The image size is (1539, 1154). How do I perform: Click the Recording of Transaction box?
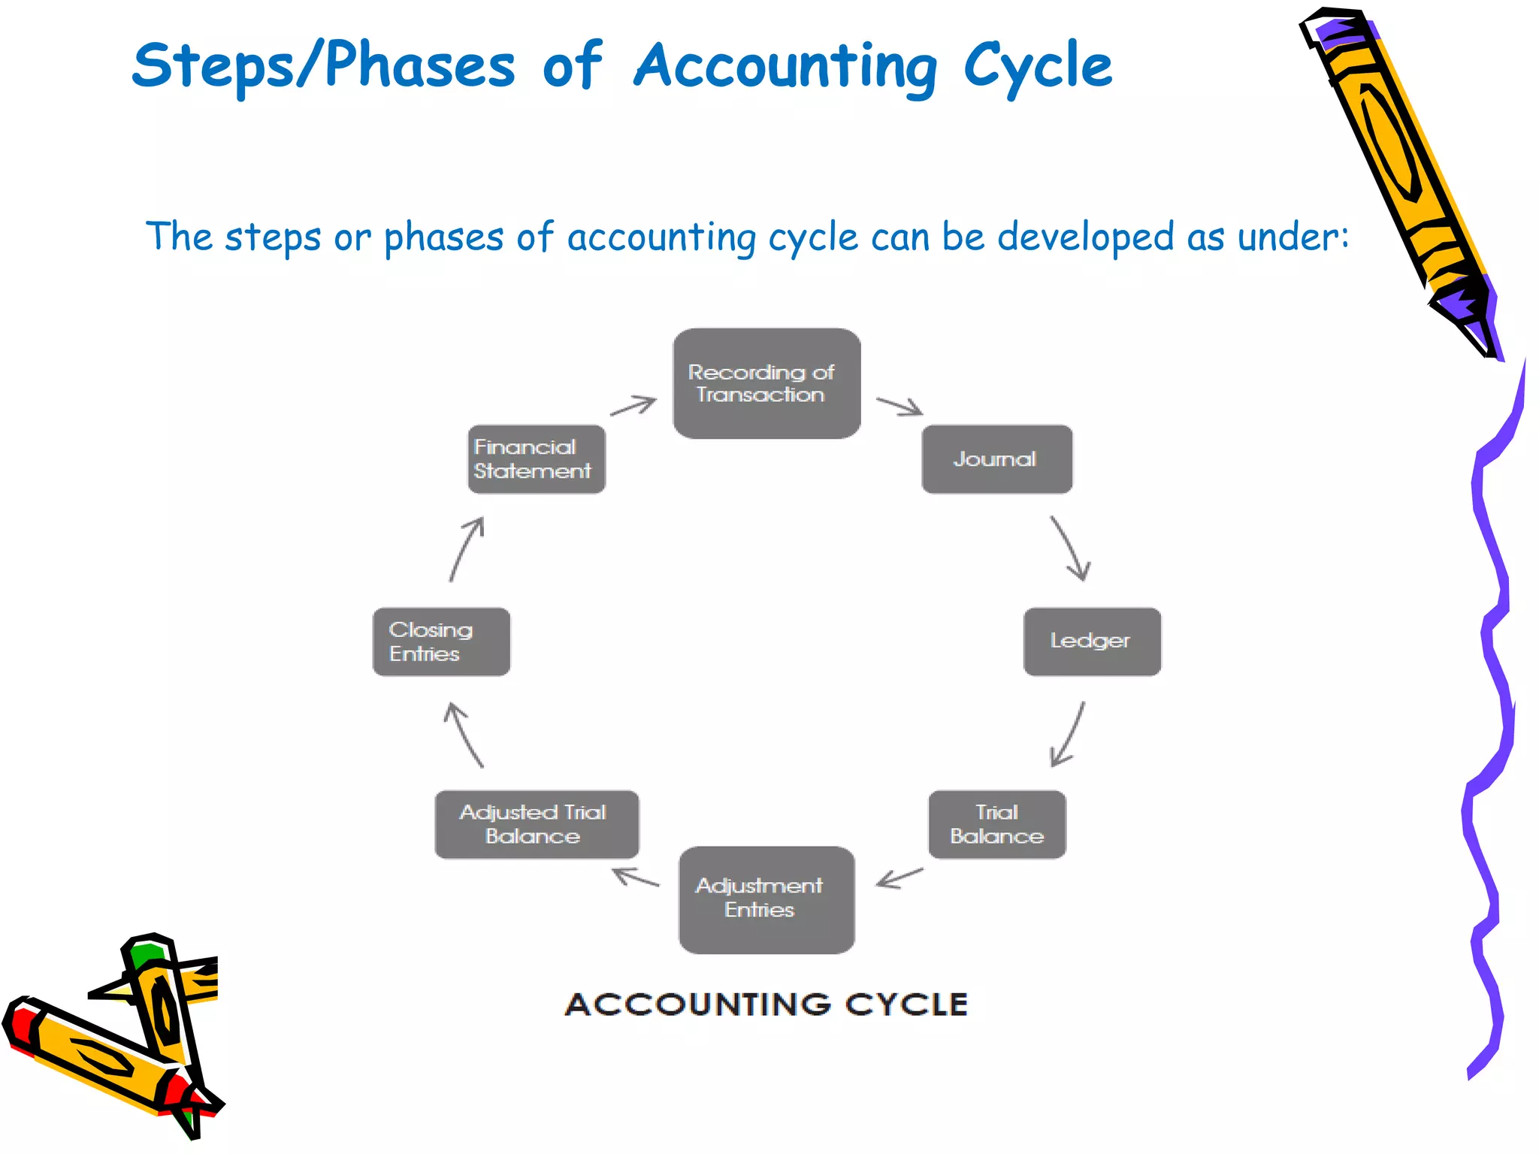point(766,383)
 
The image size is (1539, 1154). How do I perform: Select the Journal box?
point(996,459)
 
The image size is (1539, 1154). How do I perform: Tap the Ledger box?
point(1092,642)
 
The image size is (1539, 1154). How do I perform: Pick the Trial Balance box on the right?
point(997,824)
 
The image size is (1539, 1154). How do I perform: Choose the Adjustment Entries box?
point(766,899)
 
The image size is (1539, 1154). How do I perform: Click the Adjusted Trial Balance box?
point(537,824)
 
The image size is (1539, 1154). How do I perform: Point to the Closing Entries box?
point(442,642)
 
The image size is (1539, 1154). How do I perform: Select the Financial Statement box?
point(537,459)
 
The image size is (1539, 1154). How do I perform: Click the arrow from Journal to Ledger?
point(1070,548)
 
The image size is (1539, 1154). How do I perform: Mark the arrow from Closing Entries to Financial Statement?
point(467,548)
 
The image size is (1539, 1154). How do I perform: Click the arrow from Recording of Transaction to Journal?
point(900,406)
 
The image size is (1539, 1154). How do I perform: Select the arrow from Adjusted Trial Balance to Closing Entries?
point(464,735)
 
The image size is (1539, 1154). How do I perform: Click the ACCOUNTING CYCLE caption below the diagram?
point(766,1004)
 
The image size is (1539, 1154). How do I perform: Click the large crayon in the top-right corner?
point(1398,173)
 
